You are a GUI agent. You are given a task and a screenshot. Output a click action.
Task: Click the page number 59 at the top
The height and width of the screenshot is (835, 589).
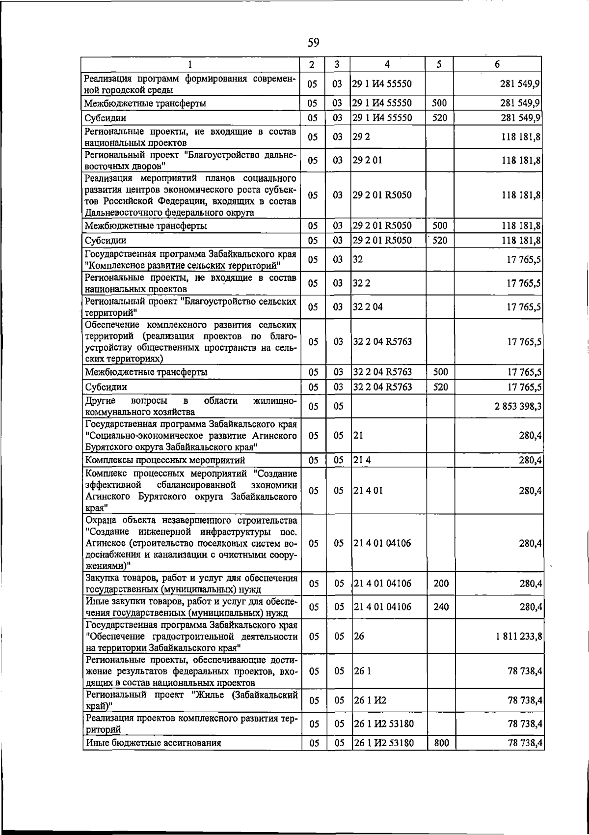point(313,43)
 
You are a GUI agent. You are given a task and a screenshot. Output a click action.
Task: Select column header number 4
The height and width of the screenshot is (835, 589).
point(387,64)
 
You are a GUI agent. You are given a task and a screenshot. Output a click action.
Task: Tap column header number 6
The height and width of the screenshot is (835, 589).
point(497,64)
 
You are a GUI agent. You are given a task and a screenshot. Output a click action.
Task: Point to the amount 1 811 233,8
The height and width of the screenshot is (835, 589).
point(519,636)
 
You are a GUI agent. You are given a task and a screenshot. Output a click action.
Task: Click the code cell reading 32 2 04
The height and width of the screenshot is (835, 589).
point(368,307)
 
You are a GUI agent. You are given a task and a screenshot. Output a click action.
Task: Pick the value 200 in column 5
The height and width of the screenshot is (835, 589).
point(441,584)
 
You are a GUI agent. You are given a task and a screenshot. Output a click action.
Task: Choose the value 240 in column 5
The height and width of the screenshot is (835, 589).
point(441,607)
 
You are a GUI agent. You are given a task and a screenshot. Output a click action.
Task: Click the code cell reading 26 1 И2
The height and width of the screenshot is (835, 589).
point(366,700)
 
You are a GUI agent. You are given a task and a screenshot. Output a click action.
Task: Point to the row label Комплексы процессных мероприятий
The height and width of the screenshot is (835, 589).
point(165,460)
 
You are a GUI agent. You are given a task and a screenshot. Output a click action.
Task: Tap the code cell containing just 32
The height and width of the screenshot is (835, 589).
point(358,259)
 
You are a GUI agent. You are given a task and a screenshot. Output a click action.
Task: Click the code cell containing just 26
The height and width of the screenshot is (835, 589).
point(359,636)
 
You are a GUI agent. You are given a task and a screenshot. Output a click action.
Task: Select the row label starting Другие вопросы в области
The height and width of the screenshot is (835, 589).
point(190,406)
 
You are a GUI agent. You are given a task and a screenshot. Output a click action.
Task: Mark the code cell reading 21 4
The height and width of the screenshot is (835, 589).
point(361,460)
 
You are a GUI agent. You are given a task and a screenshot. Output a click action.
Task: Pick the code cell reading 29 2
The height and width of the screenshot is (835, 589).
point(361,137)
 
